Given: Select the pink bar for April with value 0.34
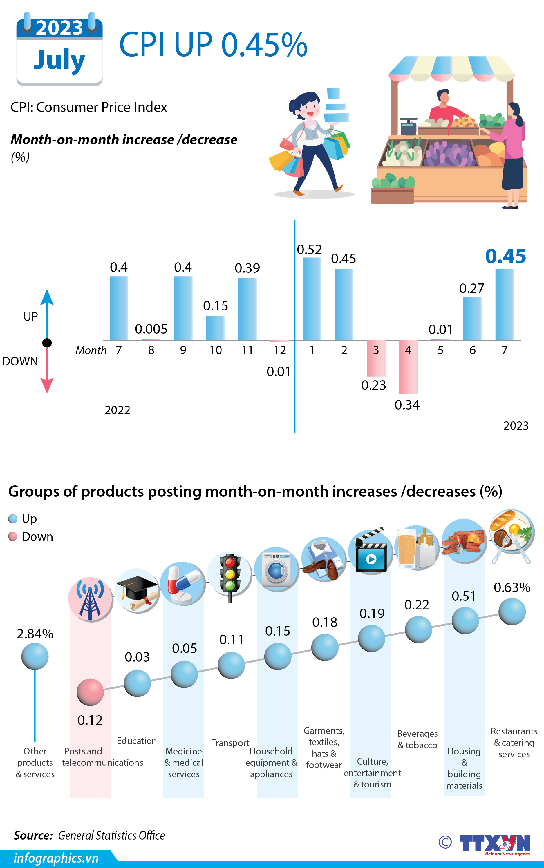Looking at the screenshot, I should [x=408, y=367].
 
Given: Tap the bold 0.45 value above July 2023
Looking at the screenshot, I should [x=505, y=256].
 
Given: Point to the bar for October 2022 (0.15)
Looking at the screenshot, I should [x=215, y=328].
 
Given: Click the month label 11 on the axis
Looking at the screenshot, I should [x=247, y=350].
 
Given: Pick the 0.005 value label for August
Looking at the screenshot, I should [x=151, y=329].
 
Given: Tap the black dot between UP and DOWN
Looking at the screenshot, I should [x=47, y=343].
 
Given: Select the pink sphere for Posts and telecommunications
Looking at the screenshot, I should [x=90, y=692].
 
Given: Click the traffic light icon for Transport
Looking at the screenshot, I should [x=230, y=574].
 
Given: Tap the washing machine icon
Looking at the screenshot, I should [x=276, y=569].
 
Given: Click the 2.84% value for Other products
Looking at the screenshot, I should [x=35, y=634].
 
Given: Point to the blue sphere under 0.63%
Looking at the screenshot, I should [x=512, y=612].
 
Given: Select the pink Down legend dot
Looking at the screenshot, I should [x=13, y=537].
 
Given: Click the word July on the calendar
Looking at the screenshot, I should [x=59, y=60].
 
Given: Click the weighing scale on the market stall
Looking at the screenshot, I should [x=408, y=126].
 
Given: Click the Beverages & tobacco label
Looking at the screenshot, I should [x=417, y=739].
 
